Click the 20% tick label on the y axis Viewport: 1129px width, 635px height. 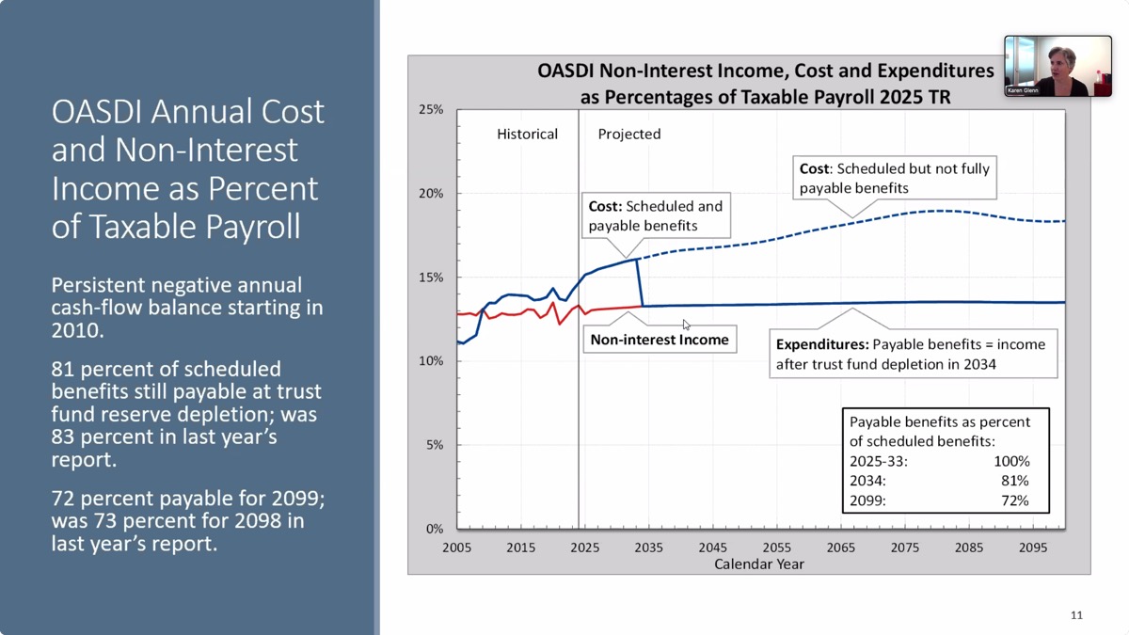tap(430, 194)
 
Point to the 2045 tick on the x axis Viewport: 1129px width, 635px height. tap(712, 548)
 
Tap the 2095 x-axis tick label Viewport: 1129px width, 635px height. tap(1032, 548)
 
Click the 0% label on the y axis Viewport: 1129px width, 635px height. tap(434, 529)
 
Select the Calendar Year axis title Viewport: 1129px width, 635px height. tap(759, 564)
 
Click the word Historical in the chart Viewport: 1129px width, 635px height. tap(527, 135)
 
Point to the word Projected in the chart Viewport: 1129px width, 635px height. tap(629, 135)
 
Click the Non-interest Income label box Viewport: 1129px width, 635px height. tap(660, 340)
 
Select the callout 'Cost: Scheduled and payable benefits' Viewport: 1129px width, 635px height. tap(656, 215)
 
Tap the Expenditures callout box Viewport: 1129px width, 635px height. tap(913, 354)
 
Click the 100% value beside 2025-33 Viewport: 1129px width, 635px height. tap(1011, 461)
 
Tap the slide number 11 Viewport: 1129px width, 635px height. tap(1076, 615)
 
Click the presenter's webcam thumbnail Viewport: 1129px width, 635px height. tap(1057, 66)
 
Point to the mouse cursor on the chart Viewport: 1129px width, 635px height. tap(687, 325)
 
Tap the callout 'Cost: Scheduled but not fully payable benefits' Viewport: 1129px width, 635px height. tap(894, 179)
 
